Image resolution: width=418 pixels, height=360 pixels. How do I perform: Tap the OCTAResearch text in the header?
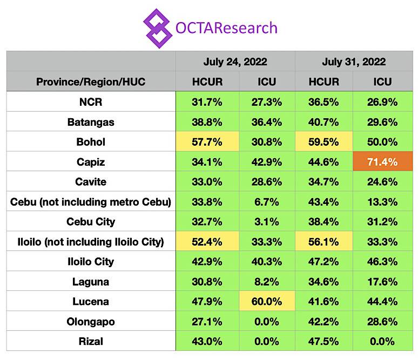point(226,27)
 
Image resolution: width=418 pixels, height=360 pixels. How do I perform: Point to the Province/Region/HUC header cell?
point(91,81)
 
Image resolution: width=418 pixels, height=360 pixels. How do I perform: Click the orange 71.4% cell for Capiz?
point(382,161)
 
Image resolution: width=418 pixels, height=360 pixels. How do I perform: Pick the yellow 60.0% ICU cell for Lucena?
point(265,301)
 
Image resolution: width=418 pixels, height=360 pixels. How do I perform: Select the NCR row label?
point(91,101)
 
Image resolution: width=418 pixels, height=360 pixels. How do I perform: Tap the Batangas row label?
point(91,121)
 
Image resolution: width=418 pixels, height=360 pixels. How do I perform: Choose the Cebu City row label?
point(91,221)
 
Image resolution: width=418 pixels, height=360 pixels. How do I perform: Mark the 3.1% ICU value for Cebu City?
point(265,221)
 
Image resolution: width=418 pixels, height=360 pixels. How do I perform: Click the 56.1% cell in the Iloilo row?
point(324,241)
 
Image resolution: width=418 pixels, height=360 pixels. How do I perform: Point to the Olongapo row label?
point(91,321)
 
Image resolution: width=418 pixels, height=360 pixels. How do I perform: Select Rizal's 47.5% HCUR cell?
point(324,341)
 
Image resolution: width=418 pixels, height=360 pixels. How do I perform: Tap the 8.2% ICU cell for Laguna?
point(265,281)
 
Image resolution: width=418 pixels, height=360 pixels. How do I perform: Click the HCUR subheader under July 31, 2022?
point(324,81)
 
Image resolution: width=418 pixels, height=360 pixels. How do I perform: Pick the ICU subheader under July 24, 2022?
point(265,81)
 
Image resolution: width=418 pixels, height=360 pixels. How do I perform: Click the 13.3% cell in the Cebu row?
point(382,201)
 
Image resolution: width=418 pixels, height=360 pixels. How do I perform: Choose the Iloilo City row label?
point(91,261)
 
